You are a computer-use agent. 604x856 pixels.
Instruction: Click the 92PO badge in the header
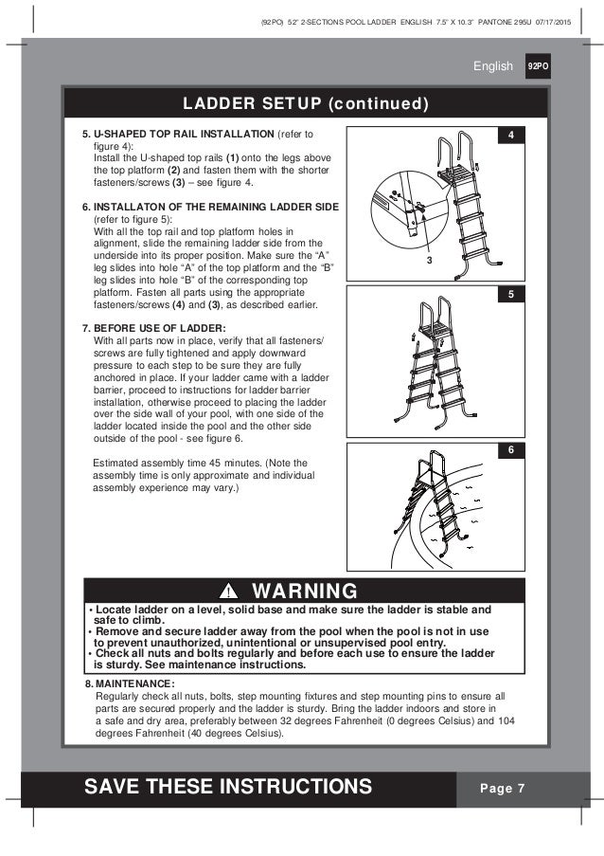[x=539, y=67]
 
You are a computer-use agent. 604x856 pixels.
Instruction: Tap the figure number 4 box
[x=510, y=137]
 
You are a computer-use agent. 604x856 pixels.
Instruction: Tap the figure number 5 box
[x=510, y=294]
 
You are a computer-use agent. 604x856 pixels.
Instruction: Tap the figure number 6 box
[x=510, y=450]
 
